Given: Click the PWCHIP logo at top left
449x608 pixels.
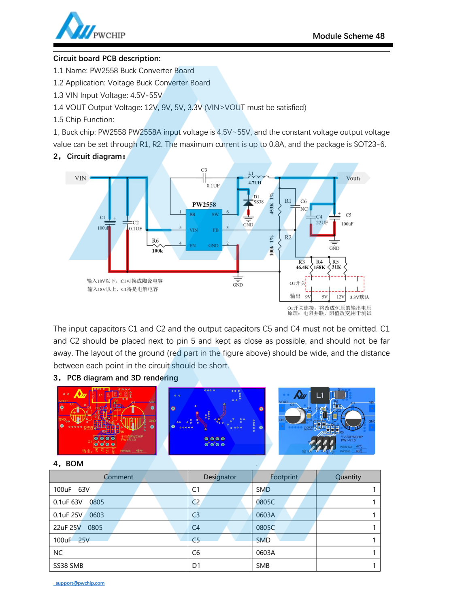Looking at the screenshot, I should click(x=90, y=27).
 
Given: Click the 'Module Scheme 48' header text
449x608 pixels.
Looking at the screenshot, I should click(x=348, y=36).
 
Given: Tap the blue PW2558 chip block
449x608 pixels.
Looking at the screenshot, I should click(x=204, y=230).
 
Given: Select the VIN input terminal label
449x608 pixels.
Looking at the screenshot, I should click(x=80, y=178).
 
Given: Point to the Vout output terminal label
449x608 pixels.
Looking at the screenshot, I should click(x=353, y=178).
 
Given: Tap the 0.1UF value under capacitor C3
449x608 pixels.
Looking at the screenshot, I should click(x=213, y=186).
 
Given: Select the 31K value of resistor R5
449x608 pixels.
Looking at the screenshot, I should click(x=336, y=267).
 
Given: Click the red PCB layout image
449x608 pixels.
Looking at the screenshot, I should click(x=107, y=421).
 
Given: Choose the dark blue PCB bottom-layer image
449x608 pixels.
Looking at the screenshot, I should click(x=217, y=421).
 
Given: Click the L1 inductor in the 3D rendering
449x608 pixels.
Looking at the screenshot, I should click(x=319, y=395).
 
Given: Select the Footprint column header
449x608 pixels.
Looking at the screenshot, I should click(x=284, y=477).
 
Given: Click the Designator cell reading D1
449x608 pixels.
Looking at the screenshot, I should click(x=196, y=565).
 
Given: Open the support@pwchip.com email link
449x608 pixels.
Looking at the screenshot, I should click(x=80, y=583).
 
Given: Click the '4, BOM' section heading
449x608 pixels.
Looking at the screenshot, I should click(x=68, y=463).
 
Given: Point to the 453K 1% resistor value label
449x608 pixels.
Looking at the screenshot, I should click(x=272, y=204).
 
